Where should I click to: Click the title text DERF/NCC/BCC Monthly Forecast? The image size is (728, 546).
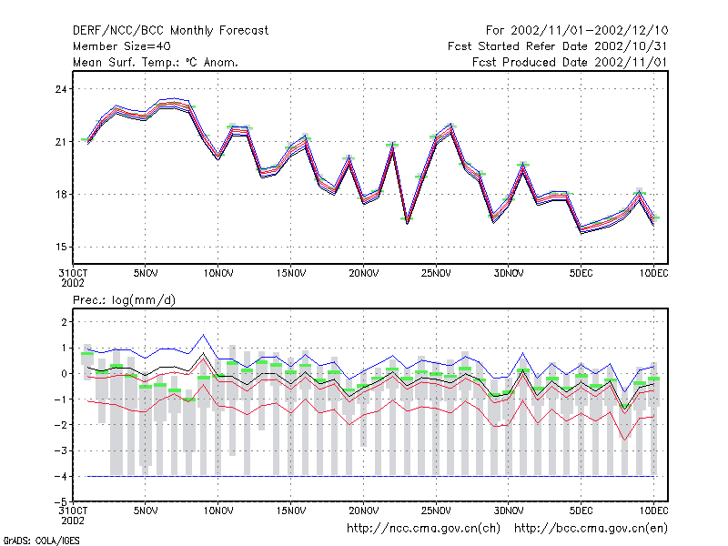click(x=170, y=31)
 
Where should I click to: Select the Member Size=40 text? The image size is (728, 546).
click(x=122, y=46)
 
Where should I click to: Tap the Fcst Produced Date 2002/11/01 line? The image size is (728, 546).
click(x=570, y=62)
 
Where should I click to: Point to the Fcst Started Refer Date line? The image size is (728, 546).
click(x=557, y=46)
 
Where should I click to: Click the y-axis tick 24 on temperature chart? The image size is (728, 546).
click(x=61, y=89)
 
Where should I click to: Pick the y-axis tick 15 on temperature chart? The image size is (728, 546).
click(x=61, y=247)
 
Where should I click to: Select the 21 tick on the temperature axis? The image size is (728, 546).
click(x=61, y=142)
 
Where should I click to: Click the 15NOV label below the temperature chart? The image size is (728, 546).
click(x=291, y=274)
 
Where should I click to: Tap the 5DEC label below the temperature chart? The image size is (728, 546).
click(x=581, y=274)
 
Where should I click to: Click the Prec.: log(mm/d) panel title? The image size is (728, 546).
click(x=124, y=300)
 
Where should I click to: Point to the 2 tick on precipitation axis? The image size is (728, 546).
click(x=64, y=322)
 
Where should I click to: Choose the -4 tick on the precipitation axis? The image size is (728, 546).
click(x=61, y=476)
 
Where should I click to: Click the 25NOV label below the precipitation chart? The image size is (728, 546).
click(x=436, y=511)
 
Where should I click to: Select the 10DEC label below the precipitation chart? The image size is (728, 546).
click(x=653, y=511)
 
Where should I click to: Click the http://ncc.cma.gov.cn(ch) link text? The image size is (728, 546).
click(x=423, y=529)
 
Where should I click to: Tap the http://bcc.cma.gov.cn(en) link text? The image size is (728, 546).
click(x=591, y=529)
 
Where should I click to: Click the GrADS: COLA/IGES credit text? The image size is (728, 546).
click(x=41, y=541)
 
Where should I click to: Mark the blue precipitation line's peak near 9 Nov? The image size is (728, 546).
click(x=203, y=334)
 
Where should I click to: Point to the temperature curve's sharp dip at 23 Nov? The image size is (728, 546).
click(x=407, y=223)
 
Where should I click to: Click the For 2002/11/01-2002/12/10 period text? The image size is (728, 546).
click(x=577, y=31)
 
